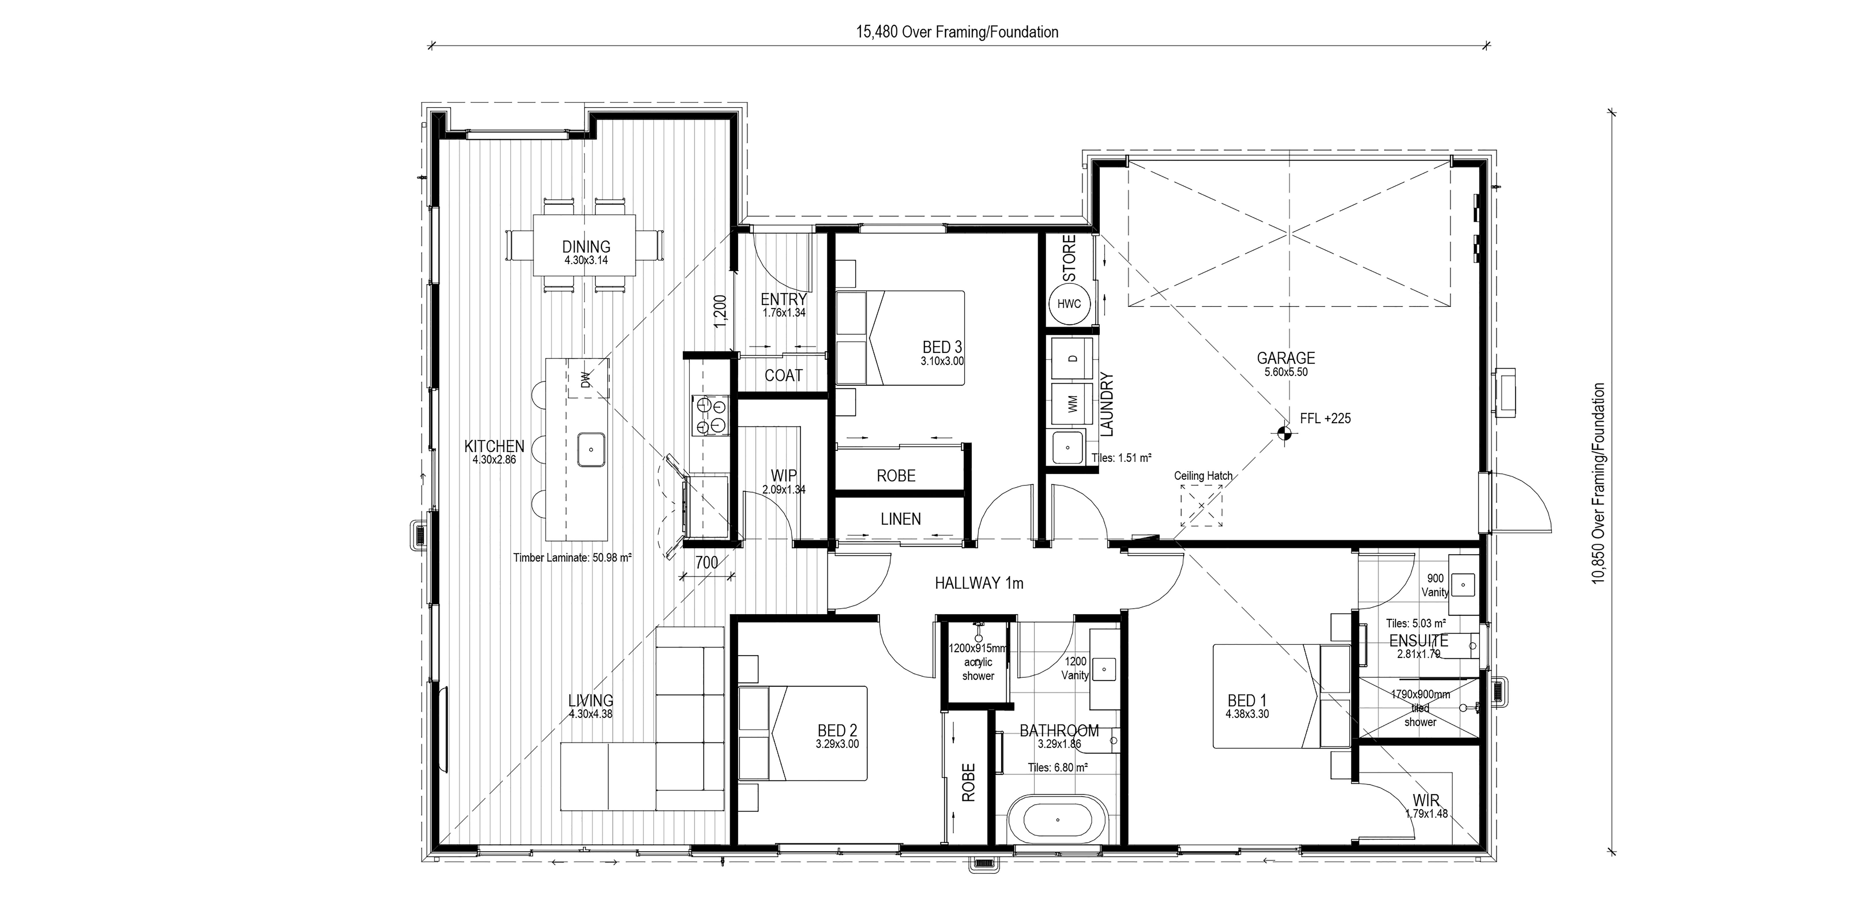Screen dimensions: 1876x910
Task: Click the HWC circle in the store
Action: click(x=1069, y=304)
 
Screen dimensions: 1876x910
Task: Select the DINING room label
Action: click(x=586, y=247)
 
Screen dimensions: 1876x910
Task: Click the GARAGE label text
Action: click(x=1286, y=358)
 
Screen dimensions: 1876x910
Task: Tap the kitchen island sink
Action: click(x=591, y=449)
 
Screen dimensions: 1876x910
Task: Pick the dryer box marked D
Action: click(x=1072, y=358)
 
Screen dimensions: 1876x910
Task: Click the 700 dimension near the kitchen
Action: click(x=706, y=562)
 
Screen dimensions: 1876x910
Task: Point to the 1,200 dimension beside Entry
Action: click(x=720, y=312)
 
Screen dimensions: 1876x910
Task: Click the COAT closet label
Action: click(x=783, y=376)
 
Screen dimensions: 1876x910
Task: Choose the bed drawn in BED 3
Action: click(x=900, y=338)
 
